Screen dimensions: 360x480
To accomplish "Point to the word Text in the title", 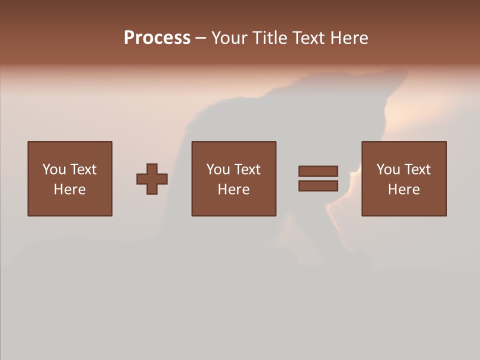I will pyautogui.click(x=309, y=38).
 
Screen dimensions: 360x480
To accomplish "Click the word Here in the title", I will pyautogui.click(x=349, y=38).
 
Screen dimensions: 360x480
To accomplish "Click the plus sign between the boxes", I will pyautogui.click(x=152, y=179).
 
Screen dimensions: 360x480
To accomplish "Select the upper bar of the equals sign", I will pyautogui.click(x=318, y=171).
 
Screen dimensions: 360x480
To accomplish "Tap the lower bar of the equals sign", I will pyautogui.click(x=318, y=185).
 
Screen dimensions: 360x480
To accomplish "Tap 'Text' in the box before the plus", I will pyautogui.click(x=83, y=169).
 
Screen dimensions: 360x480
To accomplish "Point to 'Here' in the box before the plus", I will pyautogui.click(x=69, y=189).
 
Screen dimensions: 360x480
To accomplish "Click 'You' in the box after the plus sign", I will pyautogui.click(x=218, y=169).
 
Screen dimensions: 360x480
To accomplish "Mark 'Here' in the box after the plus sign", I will pyautogui.click(x=233, y=189).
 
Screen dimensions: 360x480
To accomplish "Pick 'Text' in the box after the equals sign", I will pyautogui.click(x=417, y=169).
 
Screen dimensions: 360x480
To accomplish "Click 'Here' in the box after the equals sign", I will pyautogui.click(x=403, y=189).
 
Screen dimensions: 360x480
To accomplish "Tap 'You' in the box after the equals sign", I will pyautogui.click(x=388, y=169).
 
